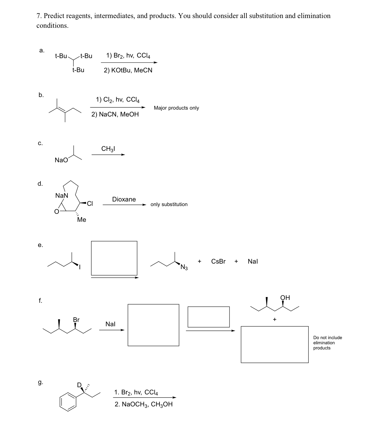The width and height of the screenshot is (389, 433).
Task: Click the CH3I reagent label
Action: coord(108,149)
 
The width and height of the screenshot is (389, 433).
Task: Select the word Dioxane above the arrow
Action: coord(124,199)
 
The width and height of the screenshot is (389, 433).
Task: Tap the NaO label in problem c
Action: coord(61,160)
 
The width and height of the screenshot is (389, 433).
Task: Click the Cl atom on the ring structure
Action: coord(90,204)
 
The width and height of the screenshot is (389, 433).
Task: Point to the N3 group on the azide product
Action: coord(184,268)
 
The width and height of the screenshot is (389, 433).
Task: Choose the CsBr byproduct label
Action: coord(218,261)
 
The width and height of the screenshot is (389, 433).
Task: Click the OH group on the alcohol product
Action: coord(285,298)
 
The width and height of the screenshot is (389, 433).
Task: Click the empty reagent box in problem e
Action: coord(114,258)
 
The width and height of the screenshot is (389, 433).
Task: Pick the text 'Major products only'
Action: coord(176,108)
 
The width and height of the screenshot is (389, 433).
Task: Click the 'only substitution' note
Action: coord(169,204)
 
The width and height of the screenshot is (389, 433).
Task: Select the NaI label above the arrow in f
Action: coord(110,324)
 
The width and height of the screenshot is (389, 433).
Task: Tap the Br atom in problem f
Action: coord(76,320)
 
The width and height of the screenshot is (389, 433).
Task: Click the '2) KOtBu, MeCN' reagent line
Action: coord(128,70)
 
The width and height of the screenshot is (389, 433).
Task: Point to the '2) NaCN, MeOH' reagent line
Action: coord(115,114)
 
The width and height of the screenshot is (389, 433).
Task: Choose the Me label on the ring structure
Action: coord(81,220)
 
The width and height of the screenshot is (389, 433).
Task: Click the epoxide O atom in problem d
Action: coord(57,212)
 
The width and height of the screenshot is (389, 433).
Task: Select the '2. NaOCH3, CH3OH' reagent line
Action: coord(143,404)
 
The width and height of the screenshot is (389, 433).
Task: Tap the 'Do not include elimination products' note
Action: coord(327,343)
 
